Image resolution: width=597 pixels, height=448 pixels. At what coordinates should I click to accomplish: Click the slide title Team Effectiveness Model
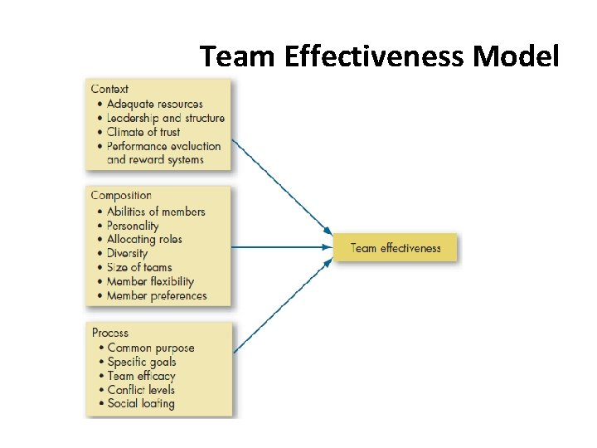pyautogui.click(x=380, y=56)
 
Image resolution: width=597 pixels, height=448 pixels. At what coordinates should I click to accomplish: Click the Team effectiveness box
pyautogui.click(x=395, y=247)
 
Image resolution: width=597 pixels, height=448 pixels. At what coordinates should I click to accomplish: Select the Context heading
pyautogui.click(x=109, y=89)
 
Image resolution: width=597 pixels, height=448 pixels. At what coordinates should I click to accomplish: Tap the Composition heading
pyautogui.click(x=121, y=196)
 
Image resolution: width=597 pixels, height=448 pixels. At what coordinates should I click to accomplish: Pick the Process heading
pyautogui.click(x=110, y=333)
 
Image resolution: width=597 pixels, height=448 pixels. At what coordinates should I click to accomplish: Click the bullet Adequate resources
pyautogui.click(x=154, y=104)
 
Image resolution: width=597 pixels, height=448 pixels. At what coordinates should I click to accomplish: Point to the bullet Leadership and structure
pyautogui.click(x=165, y=118)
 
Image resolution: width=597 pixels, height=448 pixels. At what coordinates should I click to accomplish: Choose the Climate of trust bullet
pyautogui.click(x=143, y=132)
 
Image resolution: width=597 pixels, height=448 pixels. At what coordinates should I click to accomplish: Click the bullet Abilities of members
pyautogui.click(x=156, y=211)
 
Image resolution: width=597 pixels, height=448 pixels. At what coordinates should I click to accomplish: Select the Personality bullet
pyautogui.click(x=133, y=226)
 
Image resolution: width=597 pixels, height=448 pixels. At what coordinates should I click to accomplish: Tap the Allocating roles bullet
pyautogui.click(x=144, y=239)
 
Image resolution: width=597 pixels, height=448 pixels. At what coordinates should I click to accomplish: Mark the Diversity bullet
pyautogui.click(x=127, y=253)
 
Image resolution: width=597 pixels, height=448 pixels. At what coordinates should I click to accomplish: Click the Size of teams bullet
pyautogui.click(x=139, y=267)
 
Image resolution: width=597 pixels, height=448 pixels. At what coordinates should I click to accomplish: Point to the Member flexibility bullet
pyautogui.click(x=150, y=281)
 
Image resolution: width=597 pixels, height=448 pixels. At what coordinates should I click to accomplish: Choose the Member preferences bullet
pyautogui.click(x=157, y=295)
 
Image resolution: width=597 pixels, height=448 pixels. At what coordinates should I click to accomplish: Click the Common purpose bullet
pyautogui.click(x=151, y=348)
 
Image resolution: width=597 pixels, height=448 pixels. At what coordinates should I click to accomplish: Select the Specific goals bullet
pyautogui.click(x=142, y=362)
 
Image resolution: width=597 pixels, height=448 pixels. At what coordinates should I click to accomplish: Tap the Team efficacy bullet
pyautogui.click(x=141, y=376)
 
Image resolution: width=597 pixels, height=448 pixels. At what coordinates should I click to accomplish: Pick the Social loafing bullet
pyautogui.click(x=141, y=404)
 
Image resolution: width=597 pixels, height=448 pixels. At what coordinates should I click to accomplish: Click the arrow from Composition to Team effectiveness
pyautogui.click(x=282, y=246)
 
